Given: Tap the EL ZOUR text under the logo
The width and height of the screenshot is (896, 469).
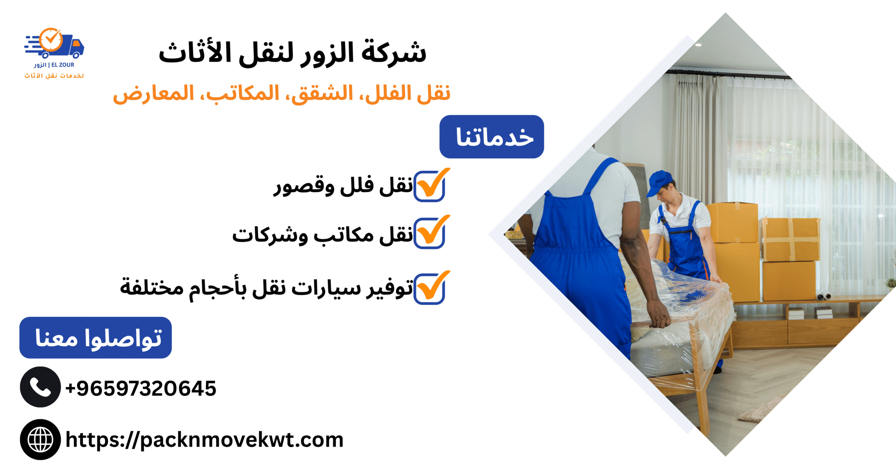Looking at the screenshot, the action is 63,65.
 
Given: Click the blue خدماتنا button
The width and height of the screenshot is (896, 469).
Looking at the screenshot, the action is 491,137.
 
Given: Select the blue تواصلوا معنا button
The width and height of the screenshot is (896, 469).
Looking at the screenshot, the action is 96,338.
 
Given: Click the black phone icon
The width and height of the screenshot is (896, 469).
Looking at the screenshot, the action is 40,387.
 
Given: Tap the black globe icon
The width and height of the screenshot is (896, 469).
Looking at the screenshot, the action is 40,440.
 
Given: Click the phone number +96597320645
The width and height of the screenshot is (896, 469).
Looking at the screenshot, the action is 141,388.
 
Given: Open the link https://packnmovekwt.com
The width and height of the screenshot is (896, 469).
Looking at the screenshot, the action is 205,440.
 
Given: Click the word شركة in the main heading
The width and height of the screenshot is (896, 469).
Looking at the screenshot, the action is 394,53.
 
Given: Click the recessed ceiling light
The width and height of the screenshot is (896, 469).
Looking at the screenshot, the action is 698,45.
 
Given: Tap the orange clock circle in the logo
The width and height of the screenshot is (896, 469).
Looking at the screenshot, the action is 51,40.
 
